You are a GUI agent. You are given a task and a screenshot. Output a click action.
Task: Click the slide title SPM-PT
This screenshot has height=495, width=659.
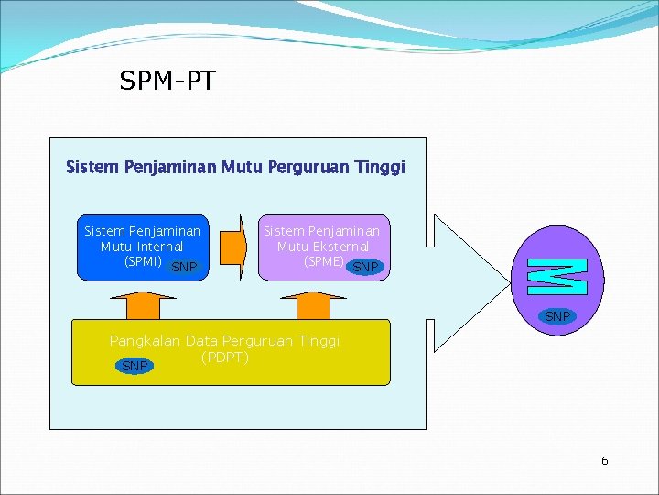point(167,82)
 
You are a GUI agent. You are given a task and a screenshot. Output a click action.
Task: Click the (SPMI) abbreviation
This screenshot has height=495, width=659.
point(143,261)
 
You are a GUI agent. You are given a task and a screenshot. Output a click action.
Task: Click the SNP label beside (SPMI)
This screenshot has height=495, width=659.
point(184,268)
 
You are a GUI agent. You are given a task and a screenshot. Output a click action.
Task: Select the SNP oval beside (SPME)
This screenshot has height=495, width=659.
point(365,268)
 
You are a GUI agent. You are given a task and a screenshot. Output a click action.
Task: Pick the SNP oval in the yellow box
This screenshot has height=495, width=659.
point(135,367)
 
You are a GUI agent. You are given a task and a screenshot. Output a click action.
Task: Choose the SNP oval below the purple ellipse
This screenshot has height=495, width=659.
point(557,316)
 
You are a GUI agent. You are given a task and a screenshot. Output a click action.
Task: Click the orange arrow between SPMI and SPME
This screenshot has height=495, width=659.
point(234,247)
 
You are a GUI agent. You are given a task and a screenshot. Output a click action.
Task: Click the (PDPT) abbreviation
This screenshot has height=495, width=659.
point(224,357)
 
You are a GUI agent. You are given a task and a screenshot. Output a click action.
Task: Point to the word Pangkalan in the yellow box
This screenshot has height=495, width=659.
point(145,341)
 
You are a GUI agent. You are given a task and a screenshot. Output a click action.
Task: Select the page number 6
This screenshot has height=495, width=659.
point(604,461)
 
